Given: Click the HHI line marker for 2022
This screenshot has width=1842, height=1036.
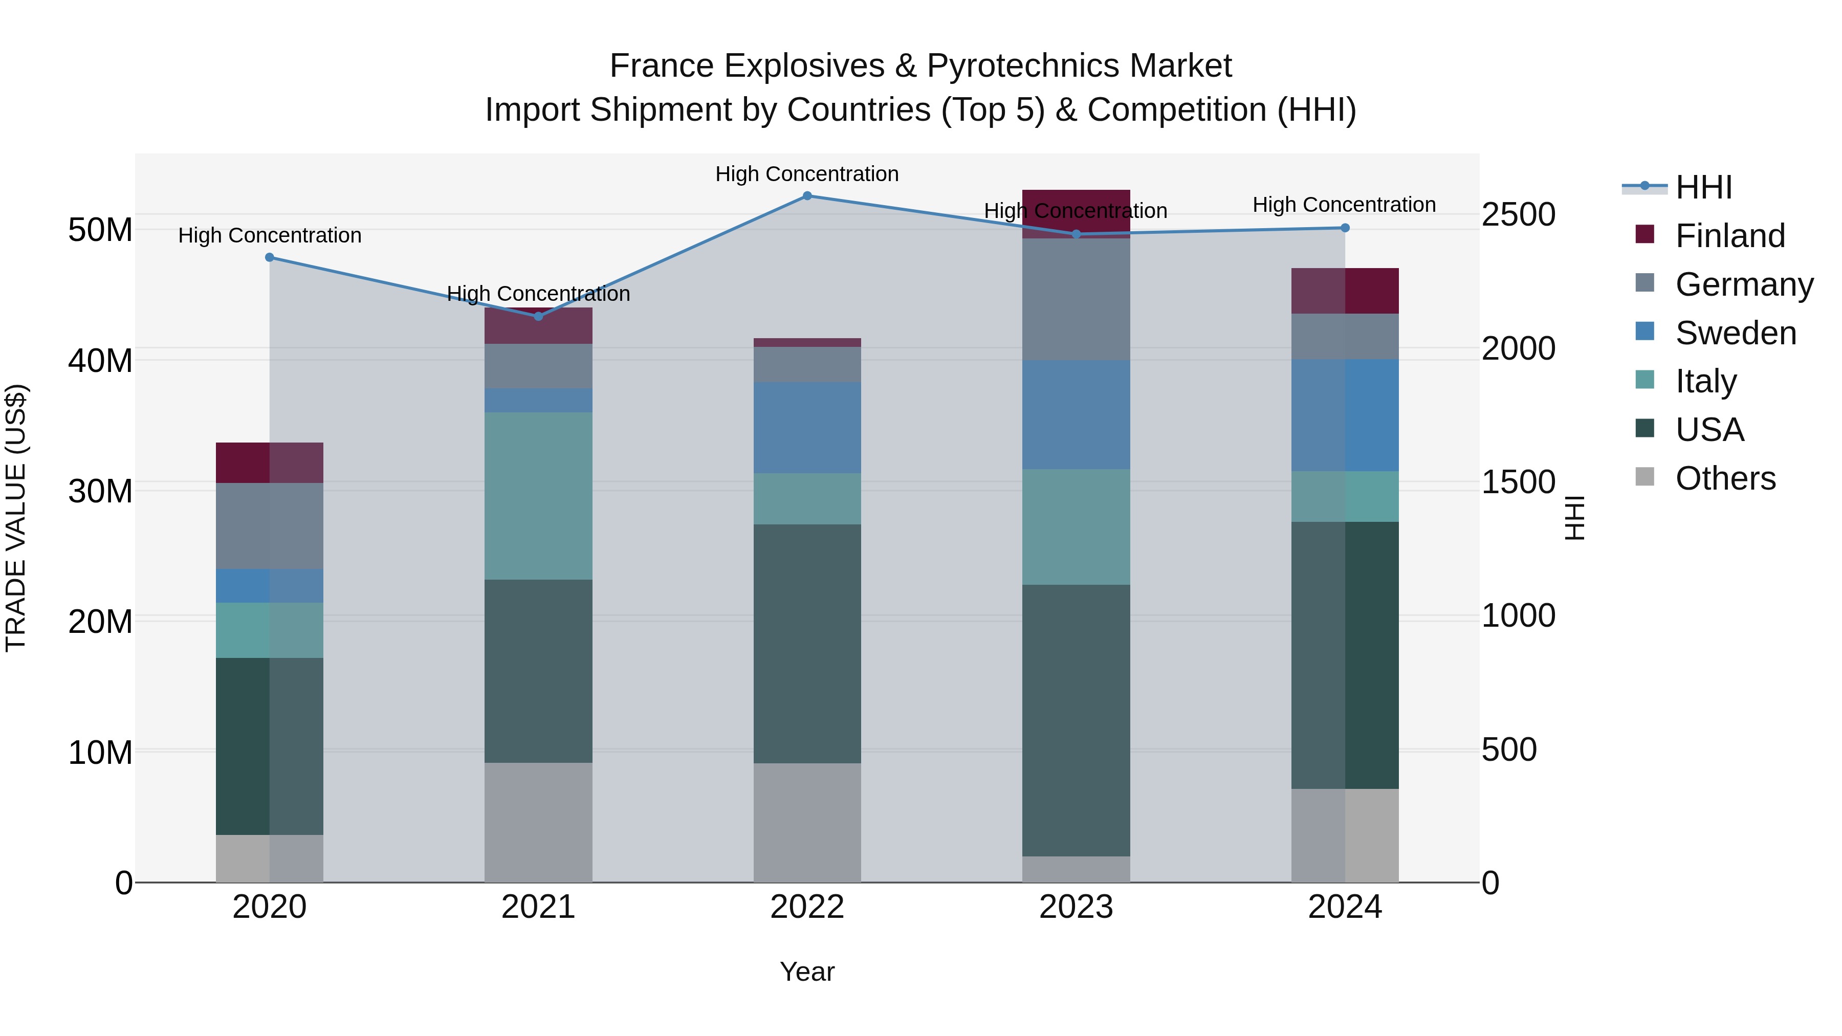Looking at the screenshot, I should coord(807,196).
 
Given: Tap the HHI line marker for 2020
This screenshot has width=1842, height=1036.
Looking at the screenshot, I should coord(270,257).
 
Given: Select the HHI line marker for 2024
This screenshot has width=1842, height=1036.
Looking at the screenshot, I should coord(1345,228).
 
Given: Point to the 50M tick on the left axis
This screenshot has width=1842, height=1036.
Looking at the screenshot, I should coord(100,230).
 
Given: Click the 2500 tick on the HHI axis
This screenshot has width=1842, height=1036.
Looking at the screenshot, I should coord(1518,214).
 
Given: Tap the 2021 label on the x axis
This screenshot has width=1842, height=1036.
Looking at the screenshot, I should coord(538,907).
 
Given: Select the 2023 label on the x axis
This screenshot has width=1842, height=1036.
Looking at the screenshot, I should coord(1076,907).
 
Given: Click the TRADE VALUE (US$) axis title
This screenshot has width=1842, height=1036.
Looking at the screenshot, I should coord(16,518).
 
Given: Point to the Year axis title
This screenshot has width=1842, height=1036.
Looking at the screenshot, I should coord(807,972).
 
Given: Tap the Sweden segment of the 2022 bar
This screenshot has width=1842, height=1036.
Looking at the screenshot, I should coord(807,428).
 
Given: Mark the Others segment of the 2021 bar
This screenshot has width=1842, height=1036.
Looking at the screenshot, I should coord(538,822).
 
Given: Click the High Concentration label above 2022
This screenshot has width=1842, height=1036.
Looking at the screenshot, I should coord(807,174).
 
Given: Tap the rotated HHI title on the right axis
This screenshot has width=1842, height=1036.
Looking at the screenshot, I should coord(1574,518).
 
